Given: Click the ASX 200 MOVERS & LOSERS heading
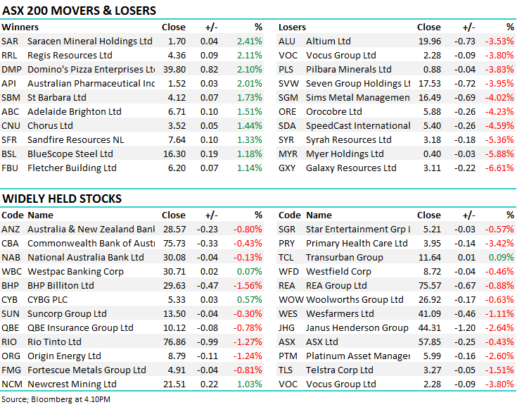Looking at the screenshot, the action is click(79, 11).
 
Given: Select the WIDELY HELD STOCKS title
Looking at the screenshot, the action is click(62, 199).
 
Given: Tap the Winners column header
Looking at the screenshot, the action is click(20, 27).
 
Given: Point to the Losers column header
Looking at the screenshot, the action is click(292, 27).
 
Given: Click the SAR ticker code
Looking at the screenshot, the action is click(10, 42).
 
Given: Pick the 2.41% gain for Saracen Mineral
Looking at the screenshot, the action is click(250, 42).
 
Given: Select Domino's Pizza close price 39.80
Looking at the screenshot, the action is click(174, 69).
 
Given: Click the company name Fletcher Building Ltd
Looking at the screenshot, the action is click(72, 168).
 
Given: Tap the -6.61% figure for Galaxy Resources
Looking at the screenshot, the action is click(499, 168).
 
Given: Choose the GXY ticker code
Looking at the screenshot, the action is click(287, 168).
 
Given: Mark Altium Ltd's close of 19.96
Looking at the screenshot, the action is click(430, 42).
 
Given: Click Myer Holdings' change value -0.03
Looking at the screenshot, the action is click(464, 154).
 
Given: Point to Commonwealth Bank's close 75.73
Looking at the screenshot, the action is click(174, 243).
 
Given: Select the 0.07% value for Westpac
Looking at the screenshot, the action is click(250, 271).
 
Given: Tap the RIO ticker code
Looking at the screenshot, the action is click(9, 342).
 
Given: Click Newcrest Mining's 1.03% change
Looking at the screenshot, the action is click(250, 384).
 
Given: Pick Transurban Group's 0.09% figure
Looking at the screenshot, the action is click(501, 257).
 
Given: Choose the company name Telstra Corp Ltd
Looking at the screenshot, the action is click(340, 370).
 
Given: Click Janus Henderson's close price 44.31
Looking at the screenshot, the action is click(430, 327).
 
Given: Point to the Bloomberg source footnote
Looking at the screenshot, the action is click(56, 399).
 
